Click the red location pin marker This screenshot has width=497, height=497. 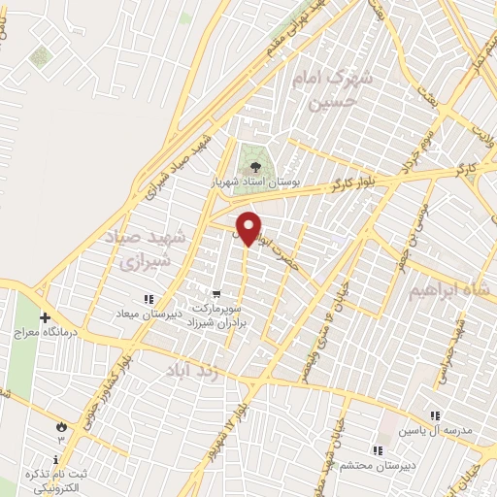[248, 227]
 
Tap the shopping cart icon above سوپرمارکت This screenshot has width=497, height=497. [217, 292]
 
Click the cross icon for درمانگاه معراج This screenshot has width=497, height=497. [45, 317]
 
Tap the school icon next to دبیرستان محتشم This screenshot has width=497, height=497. [377, 449]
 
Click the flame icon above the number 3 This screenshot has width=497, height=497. [63, 425]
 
